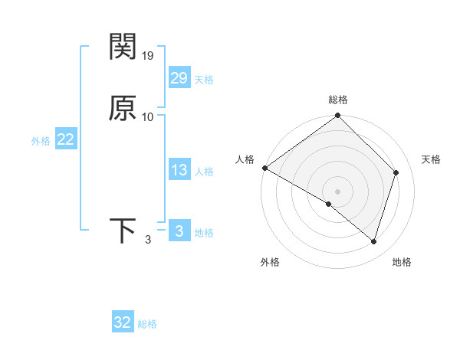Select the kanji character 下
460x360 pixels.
coord(123,231)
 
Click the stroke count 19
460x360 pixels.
coord(149,55)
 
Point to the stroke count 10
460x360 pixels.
coord(148,116)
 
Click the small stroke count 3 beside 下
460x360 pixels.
coord(148,240)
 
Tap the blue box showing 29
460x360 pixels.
coord(179,78)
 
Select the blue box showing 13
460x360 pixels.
coord(179,171)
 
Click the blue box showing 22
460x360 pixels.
coord(65,140)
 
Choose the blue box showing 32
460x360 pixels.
coord(123,322)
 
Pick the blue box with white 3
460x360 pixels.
coord(179,231)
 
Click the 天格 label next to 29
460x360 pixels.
coord(204,80)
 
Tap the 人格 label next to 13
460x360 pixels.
coord(204,172)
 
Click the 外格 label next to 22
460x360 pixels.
coord(41,141)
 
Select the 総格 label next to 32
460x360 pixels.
coord(147,324)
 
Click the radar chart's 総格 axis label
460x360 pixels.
coord(338,100)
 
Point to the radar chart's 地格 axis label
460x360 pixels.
coord(402,262)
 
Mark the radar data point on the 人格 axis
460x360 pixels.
coord(264,168)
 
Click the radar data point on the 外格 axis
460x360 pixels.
coord(329,204)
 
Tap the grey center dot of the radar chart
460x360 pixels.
coord(338,191)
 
